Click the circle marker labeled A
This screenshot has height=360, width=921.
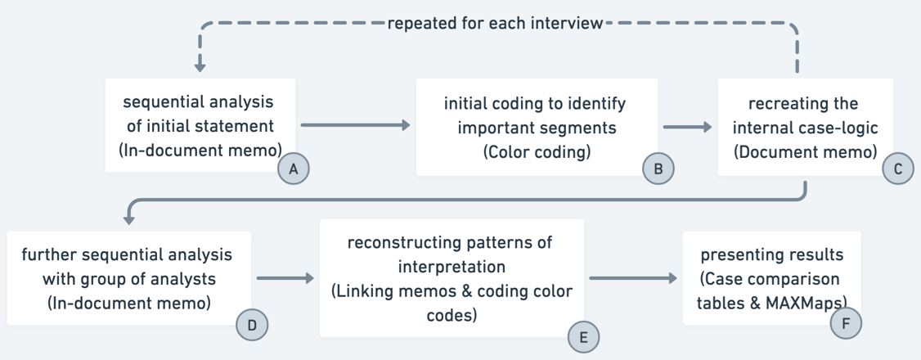click(293, 169)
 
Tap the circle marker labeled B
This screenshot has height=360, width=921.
click(658, 169)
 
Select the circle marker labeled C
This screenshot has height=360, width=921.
click(897, 169)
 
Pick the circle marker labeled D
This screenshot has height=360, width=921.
click(251, 325)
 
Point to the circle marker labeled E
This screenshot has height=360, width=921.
click(582, 337)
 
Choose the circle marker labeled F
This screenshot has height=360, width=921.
click(845, 324)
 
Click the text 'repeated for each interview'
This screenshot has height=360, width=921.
click(495, 23)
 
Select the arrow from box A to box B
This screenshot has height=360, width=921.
click(355, 125)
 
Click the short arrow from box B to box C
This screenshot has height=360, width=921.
click(687, 127)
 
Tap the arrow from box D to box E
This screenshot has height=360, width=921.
click(285, 278)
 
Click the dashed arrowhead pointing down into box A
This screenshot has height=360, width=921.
click(200, 65)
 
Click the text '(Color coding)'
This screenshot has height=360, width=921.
click(536, 151)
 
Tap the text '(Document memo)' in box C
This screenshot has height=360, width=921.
click(805, 151)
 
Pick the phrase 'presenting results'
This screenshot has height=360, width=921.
click(771, 254)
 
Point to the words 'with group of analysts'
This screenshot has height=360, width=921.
click(128, 278)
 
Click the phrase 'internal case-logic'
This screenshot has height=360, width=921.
click(805, 128)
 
